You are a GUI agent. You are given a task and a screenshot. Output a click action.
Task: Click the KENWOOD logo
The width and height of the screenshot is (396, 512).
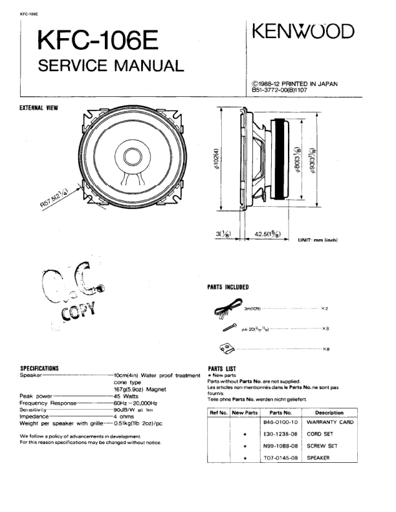pyautogui.click(x=303, y=32)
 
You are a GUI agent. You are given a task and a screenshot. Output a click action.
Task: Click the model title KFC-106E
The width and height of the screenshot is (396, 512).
pyautogui.click(x=96, y=41)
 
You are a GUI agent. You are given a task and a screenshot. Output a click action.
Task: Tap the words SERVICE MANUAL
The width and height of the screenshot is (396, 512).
pyautogui.click(x=111, y=65)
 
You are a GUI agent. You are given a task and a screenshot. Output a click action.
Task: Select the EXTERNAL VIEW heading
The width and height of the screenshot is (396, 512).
pyautogui.click(x=40, y=107)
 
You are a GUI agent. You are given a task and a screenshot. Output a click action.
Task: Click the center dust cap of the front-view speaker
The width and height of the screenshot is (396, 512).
pyautogui.click(x=134, y=156)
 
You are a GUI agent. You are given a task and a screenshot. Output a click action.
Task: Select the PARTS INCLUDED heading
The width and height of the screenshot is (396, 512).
pyautogui.click(x=228, y=286)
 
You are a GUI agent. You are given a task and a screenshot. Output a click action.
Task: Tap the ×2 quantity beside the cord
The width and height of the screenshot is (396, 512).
pyautogui.click(x=325, y=310)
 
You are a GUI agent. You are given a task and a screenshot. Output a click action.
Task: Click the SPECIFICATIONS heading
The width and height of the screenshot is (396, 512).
pyautogui.click(x=40, y=368)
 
